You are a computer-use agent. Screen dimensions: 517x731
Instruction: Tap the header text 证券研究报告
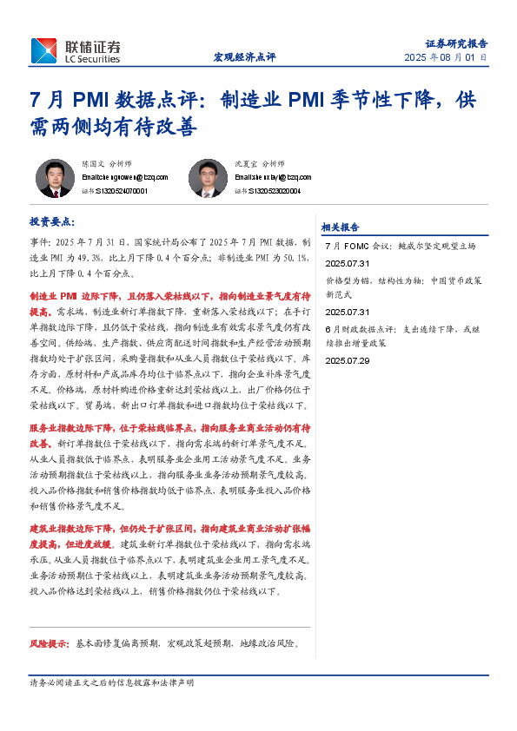tap(456, 43)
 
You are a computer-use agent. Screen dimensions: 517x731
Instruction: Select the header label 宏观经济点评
tap(244, 57)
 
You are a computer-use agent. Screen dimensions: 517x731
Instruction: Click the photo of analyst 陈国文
tap(54, 178)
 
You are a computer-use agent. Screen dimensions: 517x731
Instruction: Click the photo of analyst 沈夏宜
tap(208, 178)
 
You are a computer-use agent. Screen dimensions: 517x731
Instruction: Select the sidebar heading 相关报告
tap(341, 227)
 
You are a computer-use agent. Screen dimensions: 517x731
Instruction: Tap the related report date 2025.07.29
tap(348, 360)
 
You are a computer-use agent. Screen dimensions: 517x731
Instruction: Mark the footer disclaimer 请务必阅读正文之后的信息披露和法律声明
tap(112, 683)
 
